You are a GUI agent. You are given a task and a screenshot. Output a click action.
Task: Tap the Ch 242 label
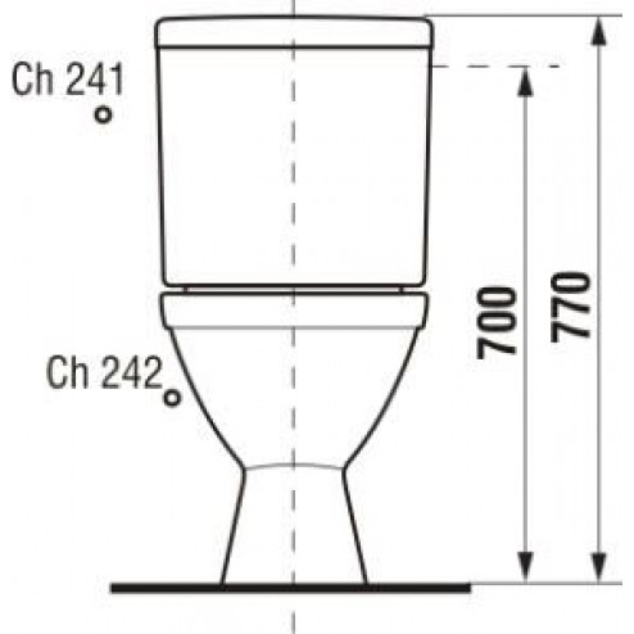coord(103,373)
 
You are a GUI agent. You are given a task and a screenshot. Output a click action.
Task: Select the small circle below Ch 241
coord(103,114)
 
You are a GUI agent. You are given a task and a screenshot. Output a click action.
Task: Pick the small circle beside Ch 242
coord(172,398)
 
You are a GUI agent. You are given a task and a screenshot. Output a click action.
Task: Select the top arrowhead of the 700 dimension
coord(525,82)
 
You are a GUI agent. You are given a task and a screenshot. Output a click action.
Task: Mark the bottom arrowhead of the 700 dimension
coord(525,567)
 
